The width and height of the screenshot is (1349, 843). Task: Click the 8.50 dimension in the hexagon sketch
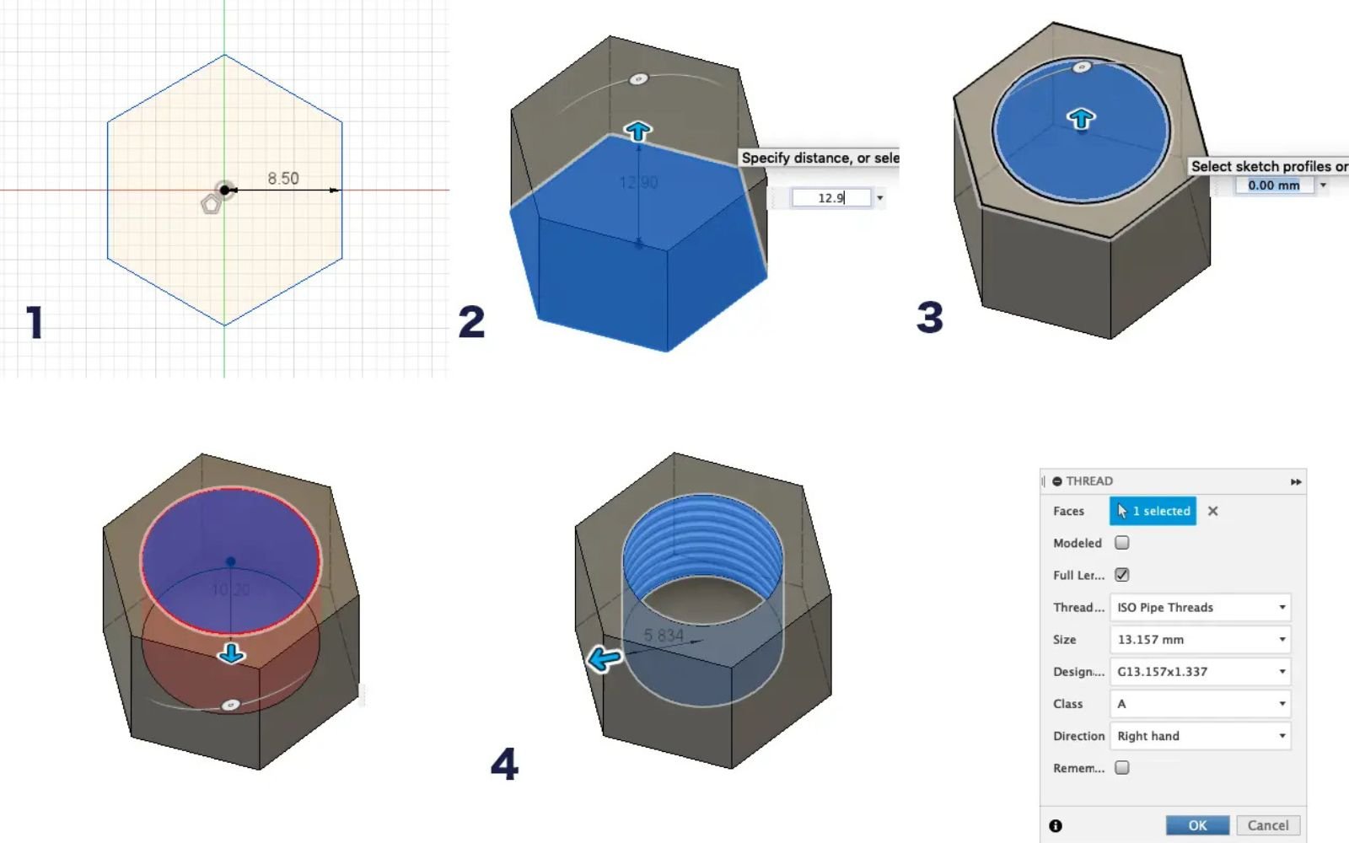click(x=283, y=179)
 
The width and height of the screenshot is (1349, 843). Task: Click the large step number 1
click(x=35, y=322)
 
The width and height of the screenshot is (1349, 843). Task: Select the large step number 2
click(x=471, y=322)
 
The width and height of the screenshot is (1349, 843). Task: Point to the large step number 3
click(x=929, y=318)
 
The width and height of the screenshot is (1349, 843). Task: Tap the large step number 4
click(x=504, y=764)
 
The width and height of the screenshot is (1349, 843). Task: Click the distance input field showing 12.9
click(x=830, y=198)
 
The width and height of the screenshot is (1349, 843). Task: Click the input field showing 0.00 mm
click(x=1273, y=185)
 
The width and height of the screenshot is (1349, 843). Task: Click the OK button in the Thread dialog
click(x=1197, y=825)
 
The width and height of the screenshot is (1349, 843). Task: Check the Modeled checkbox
click(x=1122, y=543)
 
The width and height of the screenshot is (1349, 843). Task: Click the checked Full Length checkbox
click(x=1122, y=575)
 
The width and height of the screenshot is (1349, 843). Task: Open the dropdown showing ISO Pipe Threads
click(x=1200, y=607)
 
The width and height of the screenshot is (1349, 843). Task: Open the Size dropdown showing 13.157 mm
click(x=1200, y=639)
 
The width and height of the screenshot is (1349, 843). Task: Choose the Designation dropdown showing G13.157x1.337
click(x=1200, y=671)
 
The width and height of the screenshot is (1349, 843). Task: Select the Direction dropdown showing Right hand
click(x=1200, y=736)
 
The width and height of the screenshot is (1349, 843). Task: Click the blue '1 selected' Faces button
click(x=1153, y=511)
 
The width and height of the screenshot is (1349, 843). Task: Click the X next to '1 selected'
click(x=1212, y=511)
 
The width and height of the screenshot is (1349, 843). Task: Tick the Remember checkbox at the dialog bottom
click(x=1122, y=768)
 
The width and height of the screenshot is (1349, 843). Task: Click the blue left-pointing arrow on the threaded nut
click(x=605, y=658)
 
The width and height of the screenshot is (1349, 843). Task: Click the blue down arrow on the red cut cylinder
click(x=231, y=653)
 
